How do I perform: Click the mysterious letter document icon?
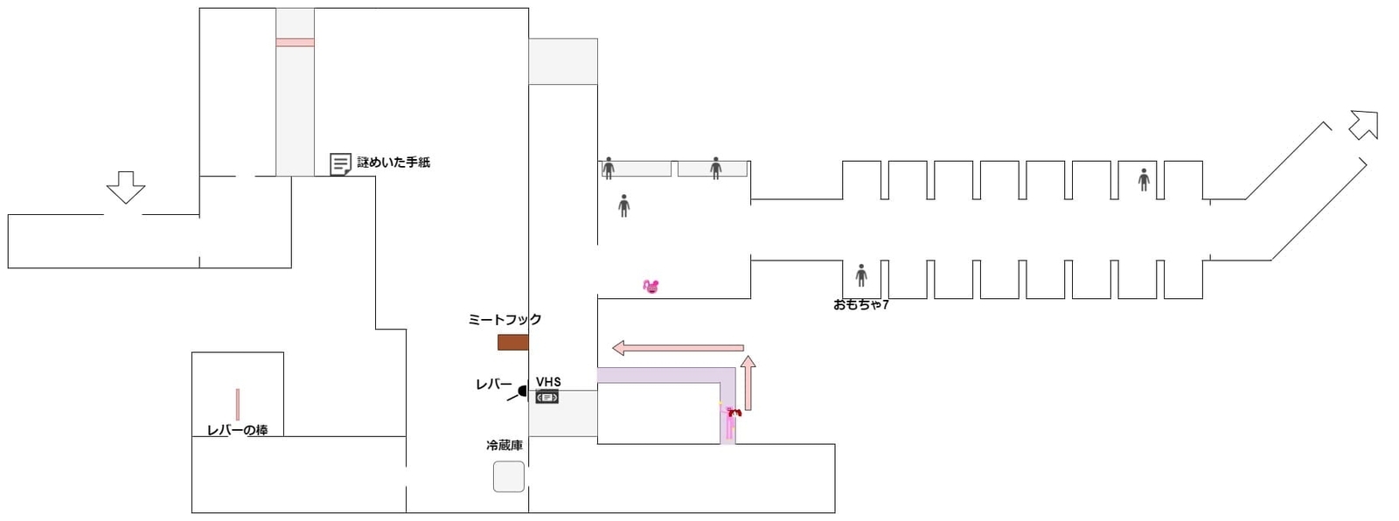coord(340,163)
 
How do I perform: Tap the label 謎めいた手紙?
coord(393,163)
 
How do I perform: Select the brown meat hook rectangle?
coord(512,343)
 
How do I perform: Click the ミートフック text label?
coord(505,320)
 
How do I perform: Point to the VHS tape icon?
coord(546,398)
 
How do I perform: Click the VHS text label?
coord(548,382)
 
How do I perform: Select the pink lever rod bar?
coord(237,405)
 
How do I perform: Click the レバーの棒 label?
coord(237,430)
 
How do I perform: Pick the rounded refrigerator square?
coord(509,476)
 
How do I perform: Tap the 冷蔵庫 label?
coord(505,446)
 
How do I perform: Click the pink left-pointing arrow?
coord(678,348)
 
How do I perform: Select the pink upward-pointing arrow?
coord(748,382)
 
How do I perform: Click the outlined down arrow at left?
coord(125,187)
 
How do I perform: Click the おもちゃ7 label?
coord(860,305)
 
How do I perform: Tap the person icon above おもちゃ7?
coord(861,275)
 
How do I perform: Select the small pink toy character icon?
coord(651,286)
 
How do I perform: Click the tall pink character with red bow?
coord(730,422)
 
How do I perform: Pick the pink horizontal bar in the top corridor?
coord(295,42)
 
